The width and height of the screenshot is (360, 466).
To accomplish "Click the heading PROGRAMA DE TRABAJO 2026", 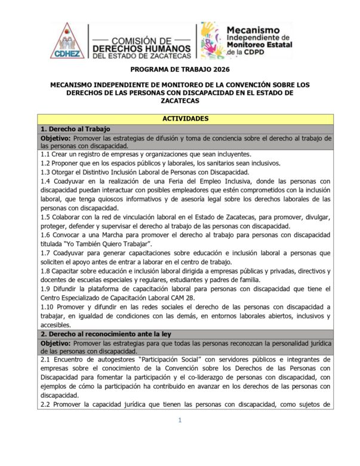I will pos(180,69).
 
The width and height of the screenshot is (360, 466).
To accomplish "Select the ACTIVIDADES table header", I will pos(180,118).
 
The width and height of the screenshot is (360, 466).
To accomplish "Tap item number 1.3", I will pos(45,173).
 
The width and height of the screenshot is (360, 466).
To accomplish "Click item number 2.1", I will pos(45,361).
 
